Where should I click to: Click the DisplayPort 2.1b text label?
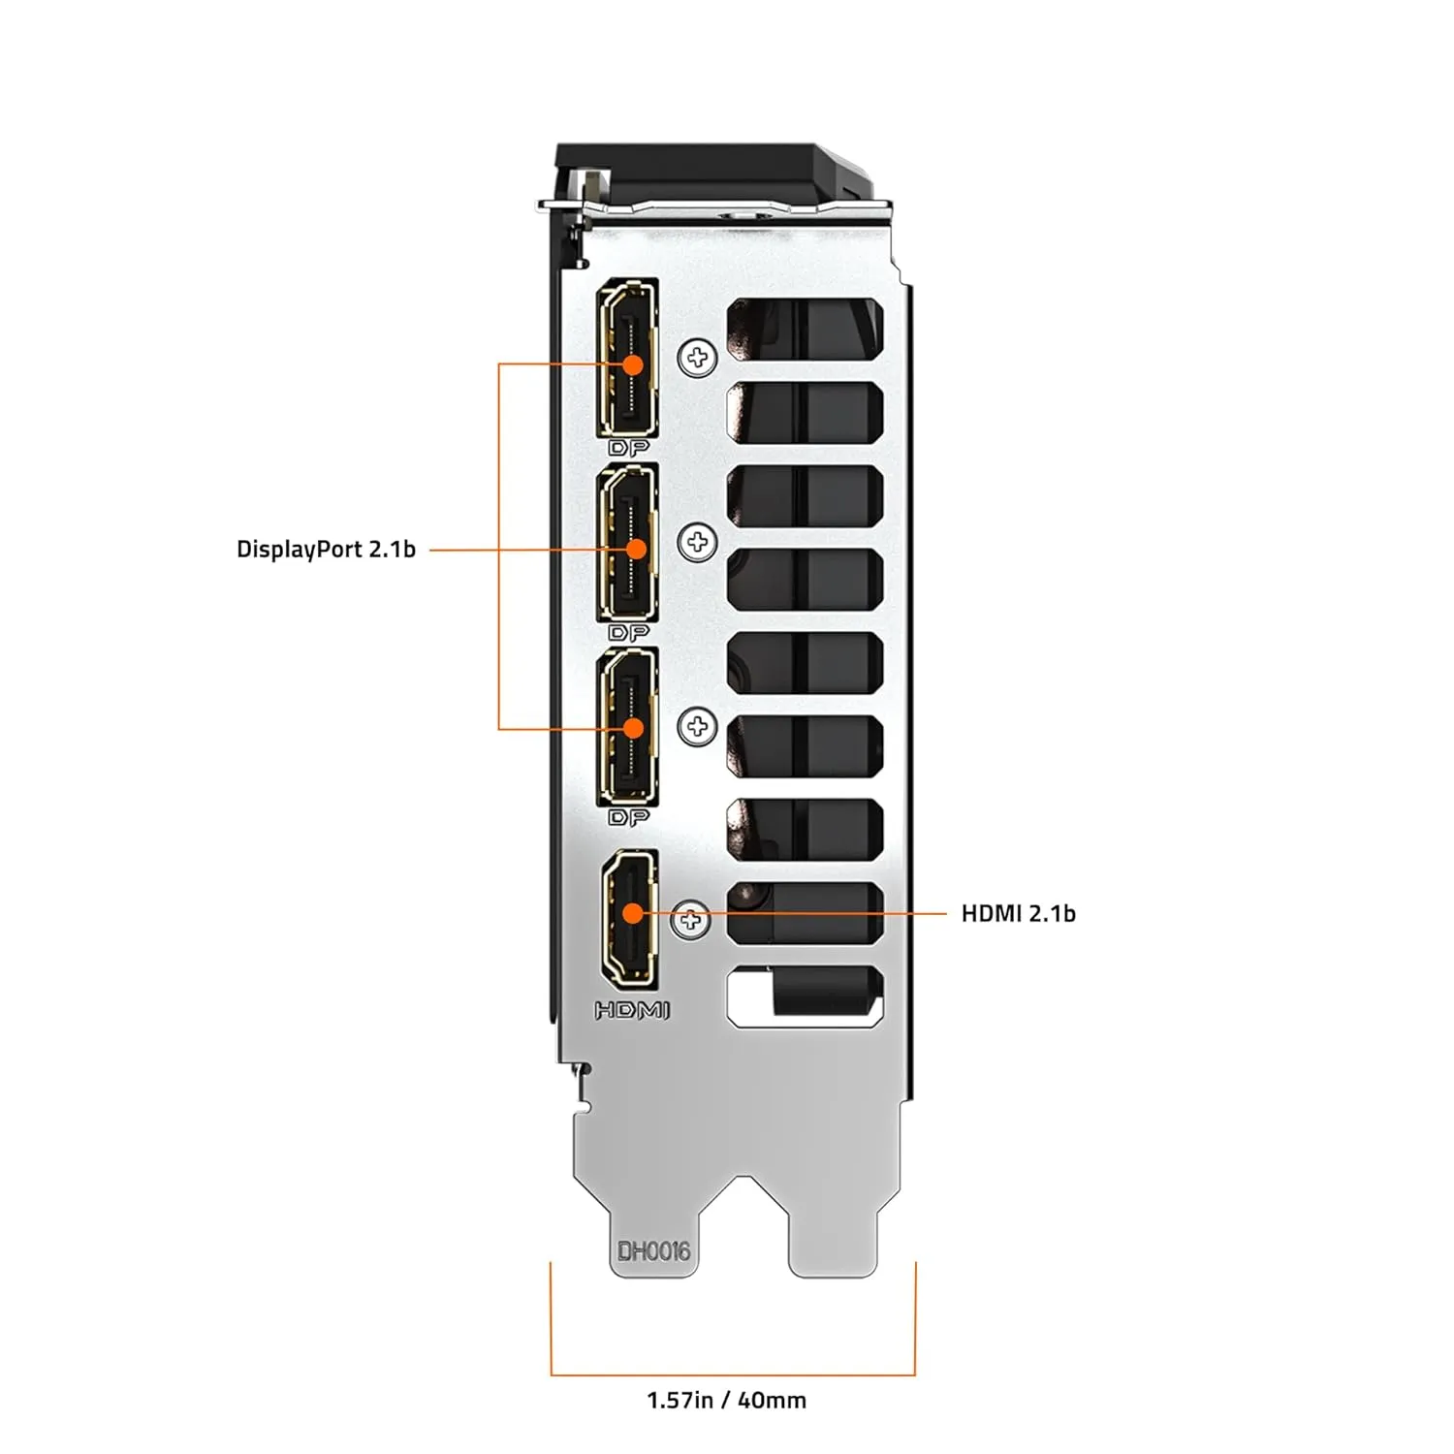326,550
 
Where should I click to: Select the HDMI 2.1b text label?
1018,913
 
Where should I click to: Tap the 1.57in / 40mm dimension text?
726,1400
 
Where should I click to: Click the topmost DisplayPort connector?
629,359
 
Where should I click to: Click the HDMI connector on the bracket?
630,917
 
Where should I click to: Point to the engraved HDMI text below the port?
632,1010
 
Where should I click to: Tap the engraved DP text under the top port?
628,449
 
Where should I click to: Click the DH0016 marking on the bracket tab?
654,1251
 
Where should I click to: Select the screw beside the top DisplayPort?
697,359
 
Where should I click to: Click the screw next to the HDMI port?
690,918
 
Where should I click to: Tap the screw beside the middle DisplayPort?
697,542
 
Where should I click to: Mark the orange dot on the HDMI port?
632,913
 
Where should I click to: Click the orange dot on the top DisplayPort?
633,364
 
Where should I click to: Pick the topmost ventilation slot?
805,326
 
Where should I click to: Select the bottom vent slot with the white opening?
805,996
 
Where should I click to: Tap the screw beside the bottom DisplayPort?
697,726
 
